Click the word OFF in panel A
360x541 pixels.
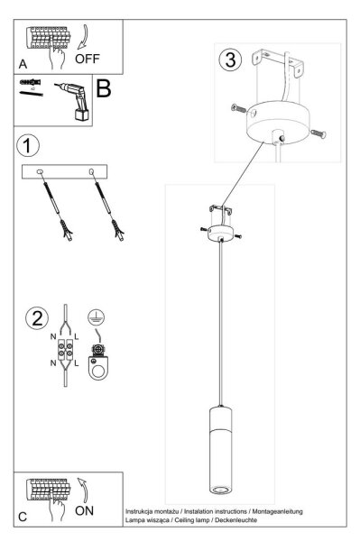pos(88,59)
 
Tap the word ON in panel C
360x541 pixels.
pos(84,510)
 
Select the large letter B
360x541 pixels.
pos(104,88)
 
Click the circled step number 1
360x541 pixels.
pos(28,145)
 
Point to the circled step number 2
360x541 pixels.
pos(37,318)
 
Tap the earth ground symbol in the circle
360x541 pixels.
pos(96,316)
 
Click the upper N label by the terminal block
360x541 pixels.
pos(53,336)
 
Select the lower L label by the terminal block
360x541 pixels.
pos(77,363)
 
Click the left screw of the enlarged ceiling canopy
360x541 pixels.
pos(239,109)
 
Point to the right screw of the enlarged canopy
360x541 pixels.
pos(318,133)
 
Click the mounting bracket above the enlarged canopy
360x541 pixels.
pos(278,63)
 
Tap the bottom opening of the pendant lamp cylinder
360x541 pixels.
pos(220,490)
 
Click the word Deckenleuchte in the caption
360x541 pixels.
pos(235,520)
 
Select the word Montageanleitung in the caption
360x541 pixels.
pos(278,511)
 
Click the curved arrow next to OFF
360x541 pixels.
pos(84,37)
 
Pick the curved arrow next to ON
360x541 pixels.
pos(83,490)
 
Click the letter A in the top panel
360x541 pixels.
pos(23,64)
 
